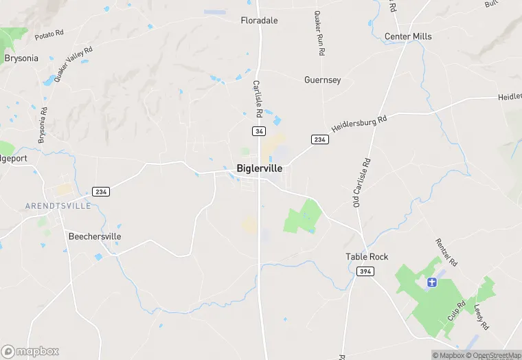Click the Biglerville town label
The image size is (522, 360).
click(x=259, y=168)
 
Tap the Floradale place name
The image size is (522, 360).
click(x=259, y=21)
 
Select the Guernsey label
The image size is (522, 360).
click(x=322, y=80)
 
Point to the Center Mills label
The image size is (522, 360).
click(x=408, y=36)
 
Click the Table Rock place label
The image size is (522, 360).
click(x=366, y=256)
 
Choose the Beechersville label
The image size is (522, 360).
click(x=95, y=236)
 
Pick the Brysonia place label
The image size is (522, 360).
click(x=21, y=58)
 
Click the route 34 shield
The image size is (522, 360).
click(x=259, y=131)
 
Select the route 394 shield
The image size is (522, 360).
click(x=365, y=271)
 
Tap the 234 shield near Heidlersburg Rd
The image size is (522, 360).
click(x=319, y=139)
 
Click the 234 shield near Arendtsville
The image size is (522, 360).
click(x=101, y=191)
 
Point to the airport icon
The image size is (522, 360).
click(x=432, y=282)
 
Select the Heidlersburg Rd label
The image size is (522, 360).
click(x=359, y=124)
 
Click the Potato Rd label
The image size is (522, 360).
click(x=49, y=34)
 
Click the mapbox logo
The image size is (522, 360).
click(x=30, y=352)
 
